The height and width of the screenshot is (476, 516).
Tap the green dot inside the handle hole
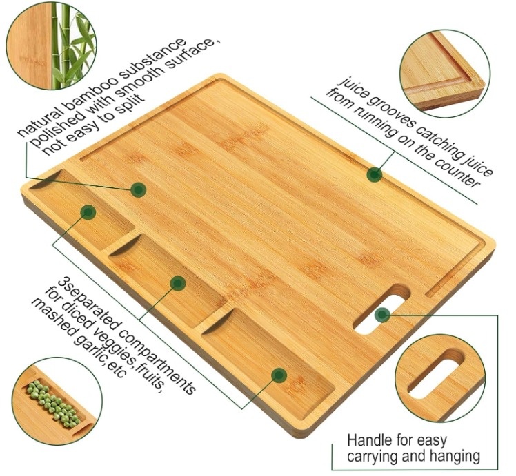tap(383, 315)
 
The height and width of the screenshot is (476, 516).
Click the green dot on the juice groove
tap(375, 174)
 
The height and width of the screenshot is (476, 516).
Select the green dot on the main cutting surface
tap(139, 189)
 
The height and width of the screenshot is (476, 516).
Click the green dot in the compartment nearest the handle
tap(279, 375)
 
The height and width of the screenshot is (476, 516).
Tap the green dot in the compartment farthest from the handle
tap(88, 212)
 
